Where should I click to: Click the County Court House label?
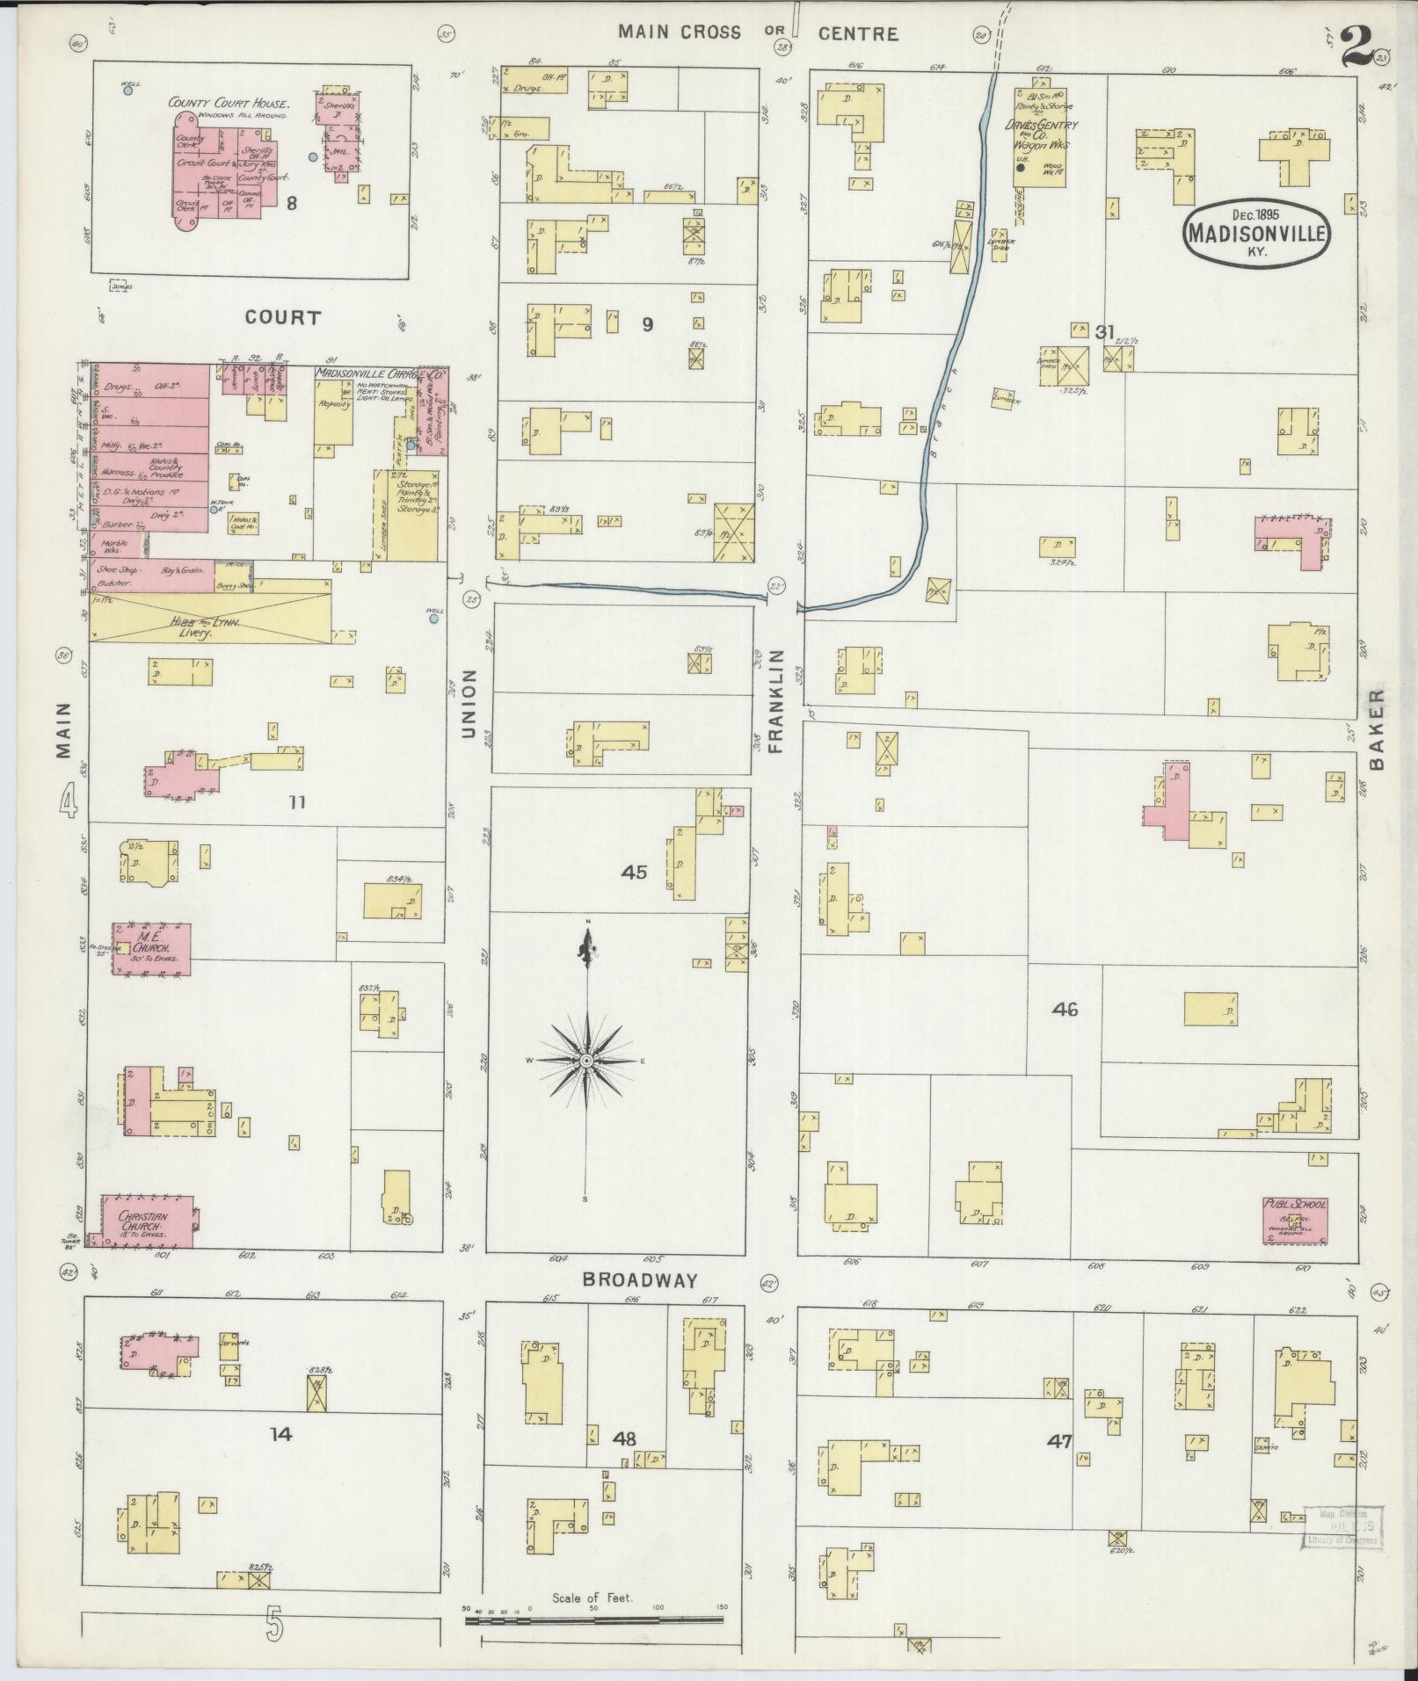[224, 104]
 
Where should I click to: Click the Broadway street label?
[639, 1280]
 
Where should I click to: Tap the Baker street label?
[1377, 728]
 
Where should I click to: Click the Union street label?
[469, 703]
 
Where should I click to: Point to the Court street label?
[283, 317]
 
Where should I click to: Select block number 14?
[280, 1434]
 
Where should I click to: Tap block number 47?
[1060, 1440]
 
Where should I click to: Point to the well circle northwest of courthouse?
[128, 90]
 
